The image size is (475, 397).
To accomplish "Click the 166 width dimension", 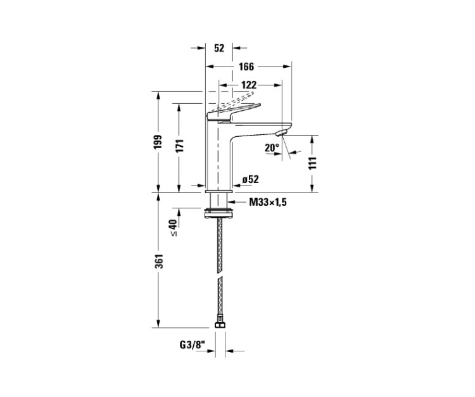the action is pos(246,66).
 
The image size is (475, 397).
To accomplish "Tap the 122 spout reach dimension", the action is pos(249,85).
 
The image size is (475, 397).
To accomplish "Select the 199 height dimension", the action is pos(158,142).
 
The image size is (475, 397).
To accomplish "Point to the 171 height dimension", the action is pos(179,146).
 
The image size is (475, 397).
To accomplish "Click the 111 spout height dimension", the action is pos(313,163).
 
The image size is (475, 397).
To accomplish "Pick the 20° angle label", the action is pos(272,148).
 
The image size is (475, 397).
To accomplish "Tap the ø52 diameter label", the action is pos(251,180).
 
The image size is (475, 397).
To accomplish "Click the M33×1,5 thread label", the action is pos(267,202).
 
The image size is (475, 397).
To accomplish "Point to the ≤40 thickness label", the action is pos(174,227).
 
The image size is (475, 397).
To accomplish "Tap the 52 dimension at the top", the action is pos(219,48).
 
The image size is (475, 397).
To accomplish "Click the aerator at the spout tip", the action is pos(282,133).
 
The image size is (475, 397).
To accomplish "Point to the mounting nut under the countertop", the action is pos(218,213).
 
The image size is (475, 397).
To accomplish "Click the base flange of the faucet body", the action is pos(218,191).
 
